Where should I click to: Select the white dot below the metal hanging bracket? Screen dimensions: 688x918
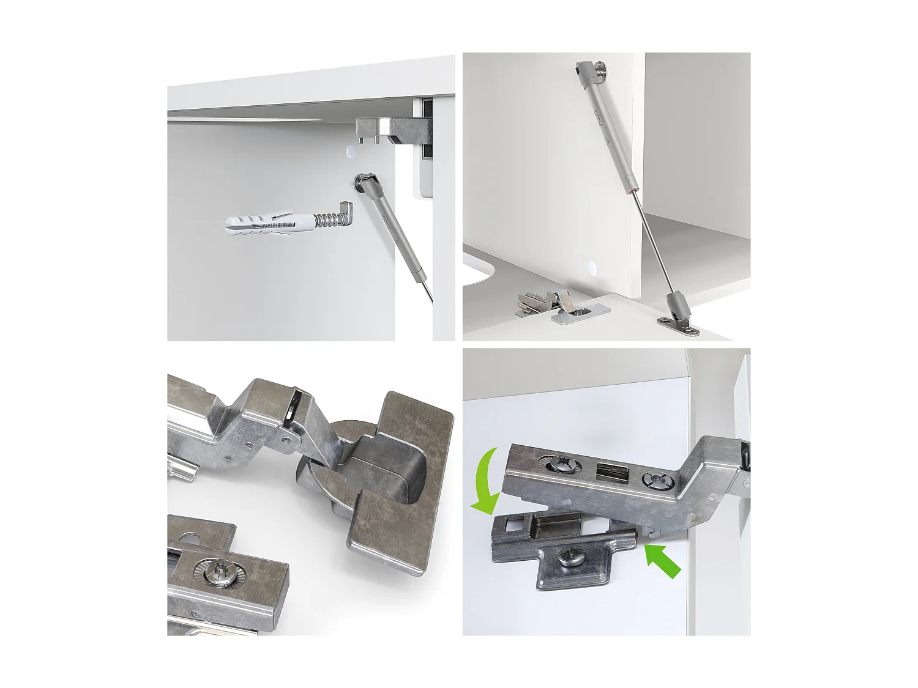351,152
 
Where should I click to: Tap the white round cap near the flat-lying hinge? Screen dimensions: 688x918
592,267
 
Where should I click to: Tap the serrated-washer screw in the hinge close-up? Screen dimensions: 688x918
218,572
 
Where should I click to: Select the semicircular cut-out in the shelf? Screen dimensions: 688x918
476,272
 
